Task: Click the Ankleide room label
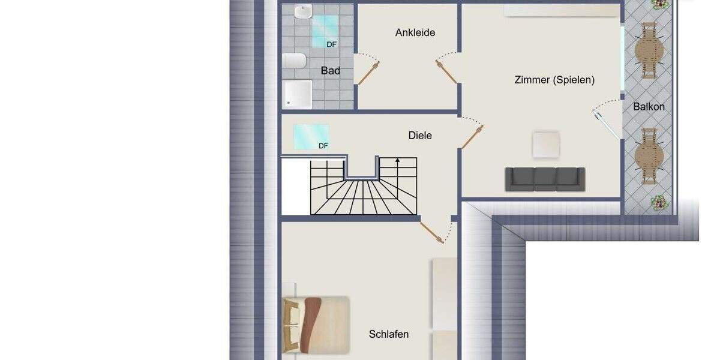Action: point(415,32)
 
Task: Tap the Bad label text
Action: point(330,71)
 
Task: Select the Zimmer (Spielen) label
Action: point(554,80)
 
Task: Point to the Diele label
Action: point(420,136)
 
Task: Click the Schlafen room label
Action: point(389,334)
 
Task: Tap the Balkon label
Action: point(649,107)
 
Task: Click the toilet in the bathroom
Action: point(294,61)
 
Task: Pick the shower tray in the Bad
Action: point(298,94)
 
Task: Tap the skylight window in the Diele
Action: point(311,136)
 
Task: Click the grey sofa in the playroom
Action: point(544,179)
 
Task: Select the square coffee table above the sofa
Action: point(547,145)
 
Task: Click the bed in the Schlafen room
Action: point(316,324)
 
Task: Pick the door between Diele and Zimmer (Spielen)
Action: point(472,136)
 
